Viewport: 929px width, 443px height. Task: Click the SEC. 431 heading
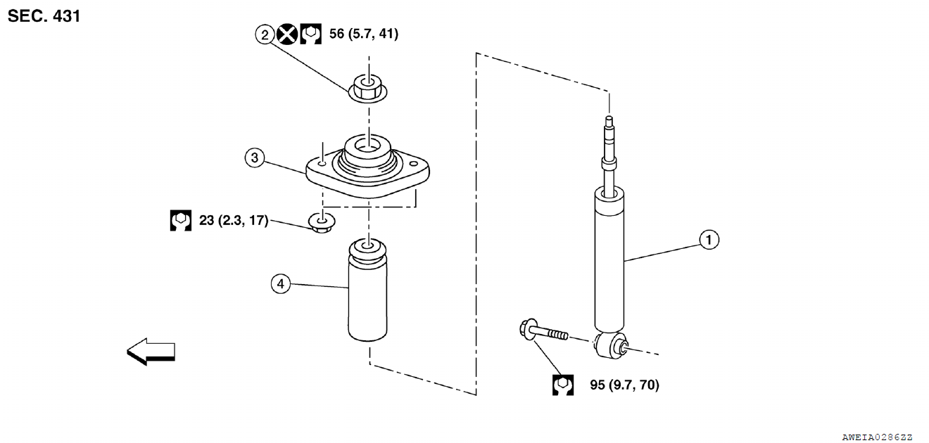click(44, 16)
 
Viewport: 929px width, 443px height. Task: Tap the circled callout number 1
click(709, 240)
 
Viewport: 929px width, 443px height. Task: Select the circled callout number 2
click(265, 34)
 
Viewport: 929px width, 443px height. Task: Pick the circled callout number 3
click(255, 158)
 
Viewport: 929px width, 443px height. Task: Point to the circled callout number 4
click(281, 284)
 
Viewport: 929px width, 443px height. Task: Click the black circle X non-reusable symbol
click(287, 34)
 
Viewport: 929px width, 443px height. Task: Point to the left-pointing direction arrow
click(151, 352)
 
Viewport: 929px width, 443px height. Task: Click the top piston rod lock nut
click(368, 89)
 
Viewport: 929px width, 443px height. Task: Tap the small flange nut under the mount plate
click(322, 222)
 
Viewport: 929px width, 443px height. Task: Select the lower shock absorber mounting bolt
click(543, 330)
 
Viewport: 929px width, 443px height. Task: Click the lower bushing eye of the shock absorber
click(612, 345)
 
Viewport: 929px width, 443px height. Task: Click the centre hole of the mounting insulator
click(368, 147)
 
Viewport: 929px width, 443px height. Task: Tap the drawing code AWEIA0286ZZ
click(877, 437)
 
